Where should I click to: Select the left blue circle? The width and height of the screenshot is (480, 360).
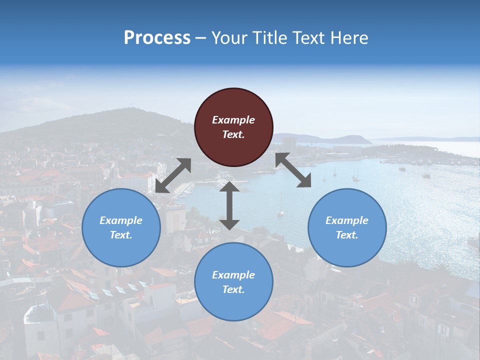coord(121,227)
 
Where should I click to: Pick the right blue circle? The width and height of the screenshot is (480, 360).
coord(347,227)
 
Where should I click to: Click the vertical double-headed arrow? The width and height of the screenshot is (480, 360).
coord(229,205)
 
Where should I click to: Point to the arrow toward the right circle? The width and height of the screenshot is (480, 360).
coord(293,170)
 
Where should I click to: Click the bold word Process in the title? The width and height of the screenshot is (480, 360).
coord(157,37)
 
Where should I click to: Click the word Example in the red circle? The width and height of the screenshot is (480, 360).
coord(233,120)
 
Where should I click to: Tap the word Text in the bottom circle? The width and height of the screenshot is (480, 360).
coord(233,289)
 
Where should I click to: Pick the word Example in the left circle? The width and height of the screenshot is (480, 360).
coord(121,220)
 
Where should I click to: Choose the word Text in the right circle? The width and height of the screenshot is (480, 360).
coord(347,235)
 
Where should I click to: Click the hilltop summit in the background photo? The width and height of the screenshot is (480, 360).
coord(131,108)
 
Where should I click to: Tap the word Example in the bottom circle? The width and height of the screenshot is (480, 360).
coord(233,275)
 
